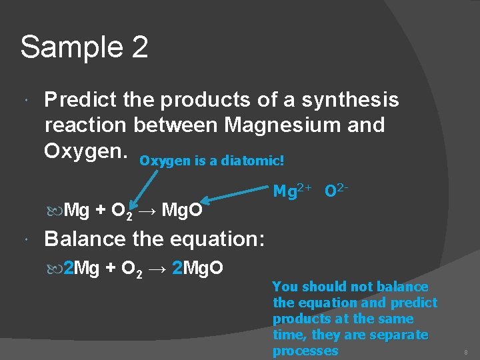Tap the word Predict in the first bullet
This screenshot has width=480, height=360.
[x=80, y=100]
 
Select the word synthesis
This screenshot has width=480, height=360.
[x=350, y=100]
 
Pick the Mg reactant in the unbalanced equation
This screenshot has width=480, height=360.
[x=77, y=211]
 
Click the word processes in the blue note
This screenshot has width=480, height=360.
[x=305, y=351]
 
